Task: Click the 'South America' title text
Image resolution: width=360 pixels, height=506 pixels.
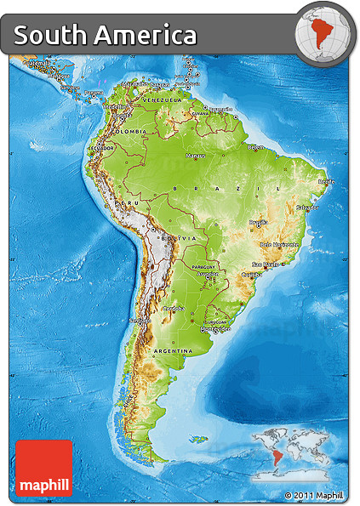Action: pos(105,36)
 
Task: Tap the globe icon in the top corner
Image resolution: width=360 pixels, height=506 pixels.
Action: pos(323,34)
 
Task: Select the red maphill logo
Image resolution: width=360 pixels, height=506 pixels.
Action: pos(44,468)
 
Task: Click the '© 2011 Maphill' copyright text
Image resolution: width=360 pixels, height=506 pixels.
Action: pos(314,495)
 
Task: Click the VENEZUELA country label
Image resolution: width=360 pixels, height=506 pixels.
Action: pos(162,100)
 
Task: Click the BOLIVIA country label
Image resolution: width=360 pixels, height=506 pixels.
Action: pos(167,239)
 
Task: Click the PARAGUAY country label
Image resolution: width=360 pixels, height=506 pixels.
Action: pos(205,266)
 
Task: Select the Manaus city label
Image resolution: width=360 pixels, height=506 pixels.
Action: pos(197,156)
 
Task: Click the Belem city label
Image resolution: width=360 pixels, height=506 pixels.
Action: pos(256,147)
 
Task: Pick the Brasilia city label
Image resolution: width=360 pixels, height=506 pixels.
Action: pos(259,223)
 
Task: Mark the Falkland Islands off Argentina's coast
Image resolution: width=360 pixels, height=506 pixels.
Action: pos(199,439)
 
